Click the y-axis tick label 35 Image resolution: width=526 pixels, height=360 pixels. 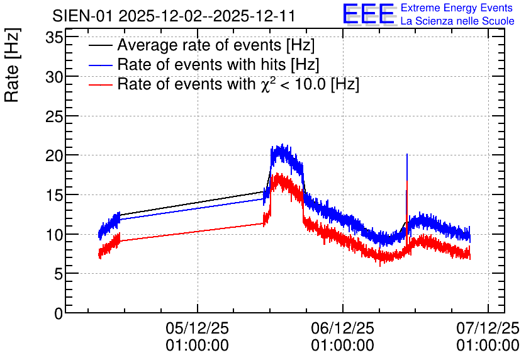54,38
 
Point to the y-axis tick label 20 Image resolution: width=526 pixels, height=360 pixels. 54,155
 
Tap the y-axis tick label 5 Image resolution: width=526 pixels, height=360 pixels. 59,274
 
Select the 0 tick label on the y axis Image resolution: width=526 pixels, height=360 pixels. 59,313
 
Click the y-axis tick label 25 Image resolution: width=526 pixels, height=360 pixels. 54,116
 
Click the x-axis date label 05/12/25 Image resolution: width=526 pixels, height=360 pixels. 198,328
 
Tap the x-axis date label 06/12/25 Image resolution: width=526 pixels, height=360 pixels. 342,328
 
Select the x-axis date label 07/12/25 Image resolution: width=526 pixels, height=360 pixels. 488,328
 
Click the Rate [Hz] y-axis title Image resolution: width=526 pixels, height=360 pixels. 12,65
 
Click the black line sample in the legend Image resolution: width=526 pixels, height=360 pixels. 101,45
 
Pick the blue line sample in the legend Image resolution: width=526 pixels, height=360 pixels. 101,65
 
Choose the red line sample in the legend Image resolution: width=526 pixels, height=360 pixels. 101,84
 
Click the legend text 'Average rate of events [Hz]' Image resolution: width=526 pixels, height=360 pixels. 216,45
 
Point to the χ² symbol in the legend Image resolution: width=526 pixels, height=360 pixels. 266,84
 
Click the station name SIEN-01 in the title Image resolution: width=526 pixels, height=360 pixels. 82,16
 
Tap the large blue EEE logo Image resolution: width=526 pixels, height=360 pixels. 369,14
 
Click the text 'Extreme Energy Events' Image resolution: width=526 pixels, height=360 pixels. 457,8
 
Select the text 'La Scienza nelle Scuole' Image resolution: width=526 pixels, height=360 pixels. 457,21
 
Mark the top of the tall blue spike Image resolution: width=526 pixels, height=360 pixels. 407,154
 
